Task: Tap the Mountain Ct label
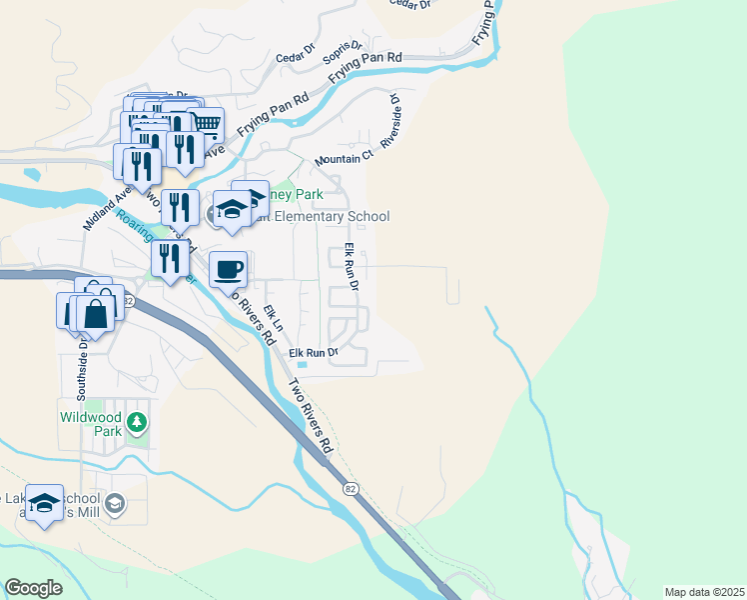point(343,158)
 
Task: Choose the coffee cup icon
point(229,268)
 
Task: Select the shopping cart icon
point(206,123)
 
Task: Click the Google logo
point(33,587)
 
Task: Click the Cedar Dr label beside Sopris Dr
point(296,46)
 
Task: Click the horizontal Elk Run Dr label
point(314,353)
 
